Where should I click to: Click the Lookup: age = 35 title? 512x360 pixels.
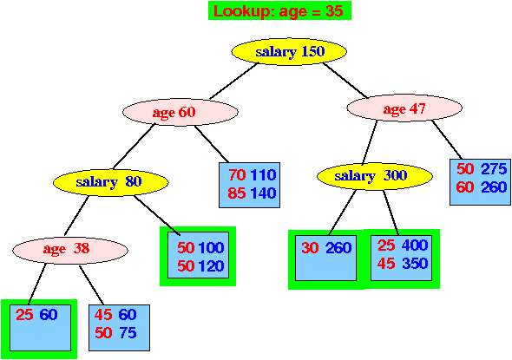[x=279, y=10]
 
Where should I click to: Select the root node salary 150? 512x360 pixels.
[x=289, y=51]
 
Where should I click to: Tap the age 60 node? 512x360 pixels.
[x=181, y=112]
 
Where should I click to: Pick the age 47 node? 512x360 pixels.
[x=404, y=108]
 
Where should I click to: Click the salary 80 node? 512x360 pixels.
[x=111, y=182]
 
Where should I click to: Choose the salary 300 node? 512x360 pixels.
[x=375, y=176]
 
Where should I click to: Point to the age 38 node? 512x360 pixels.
[x=70, y=250]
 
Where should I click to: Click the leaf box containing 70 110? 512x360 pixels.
[x=249, y=185]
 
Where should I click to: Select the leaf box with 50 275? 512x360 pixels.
[x=480, y=182]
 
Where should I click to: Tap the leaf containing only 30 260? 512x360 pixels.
[x=325, y=258]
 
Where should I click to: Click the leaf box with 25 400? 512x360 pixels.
[x=401, y=258]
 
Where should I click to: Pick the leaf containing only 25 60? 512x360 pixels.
[x=40, y=328]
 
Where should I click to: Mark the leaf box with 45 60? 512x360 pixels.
[x=119, y=328]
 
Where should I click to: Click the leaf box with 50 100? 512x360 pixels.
[x=198, y=255]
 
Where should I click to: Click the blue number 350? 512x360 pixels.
[x=415, y=263]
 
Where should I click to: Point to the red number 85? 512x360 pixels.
[x=237, y=193]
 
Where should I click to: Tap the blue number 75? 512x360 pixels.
[x=128, y=333]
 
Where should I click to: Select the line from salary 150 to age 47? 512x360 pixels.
[x=345, y=81]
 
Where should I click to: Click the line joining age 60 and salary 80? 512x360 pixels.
[x=134, y=147]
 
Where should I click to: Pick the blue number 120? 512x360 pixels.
[x=211, y=266]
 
